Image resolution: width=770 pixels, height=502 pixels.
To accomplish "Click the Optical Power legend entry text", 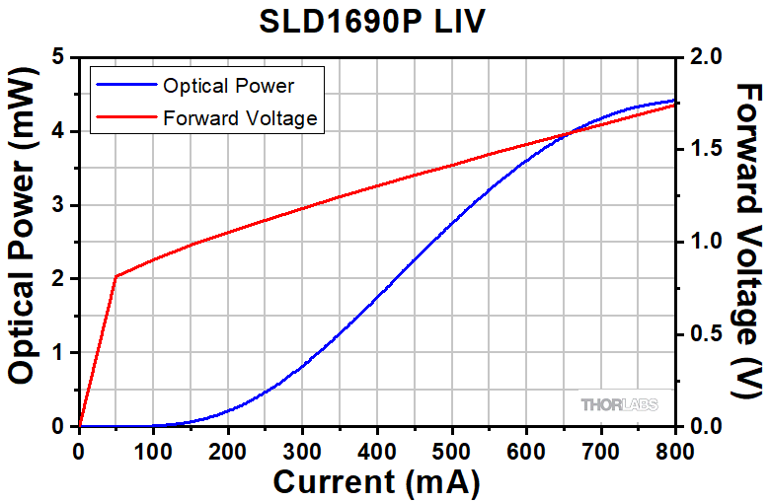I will tap(228, 85).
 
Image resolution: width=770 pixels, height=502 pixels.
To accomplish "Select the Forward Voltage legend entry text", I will tap(240, 118).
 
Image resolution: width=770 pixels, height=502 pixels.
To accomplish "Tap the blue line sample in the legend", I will tap(125, 85).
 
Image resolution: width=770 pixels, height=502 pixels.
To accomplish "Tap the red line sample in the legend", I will tap(125, 118).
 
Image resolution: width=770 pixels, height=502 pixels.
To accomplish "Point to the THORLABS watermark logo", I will tap(619, 404).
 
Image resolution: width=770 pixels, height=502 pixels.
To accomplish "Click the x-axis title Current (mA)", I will tap(376, 483).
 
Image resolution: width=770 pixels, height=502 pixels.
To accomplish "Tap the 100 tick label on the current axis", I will tap(153, 451).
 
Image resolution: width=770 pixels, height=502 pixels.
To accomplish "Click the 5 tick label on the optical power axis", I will tap(59, 57).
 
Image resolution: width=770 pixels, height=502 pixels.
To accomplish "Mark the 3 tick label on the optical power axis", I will tap(59, 205).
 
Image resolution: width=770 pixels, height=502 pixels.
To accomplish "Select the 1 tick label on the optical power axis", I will tap(59, 353).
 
